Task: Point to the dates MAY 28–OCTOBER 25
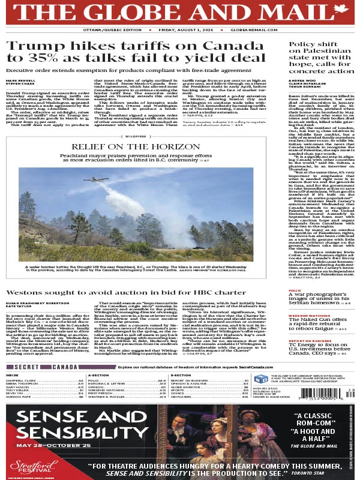pyautogui.click(x=55, y=444)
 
